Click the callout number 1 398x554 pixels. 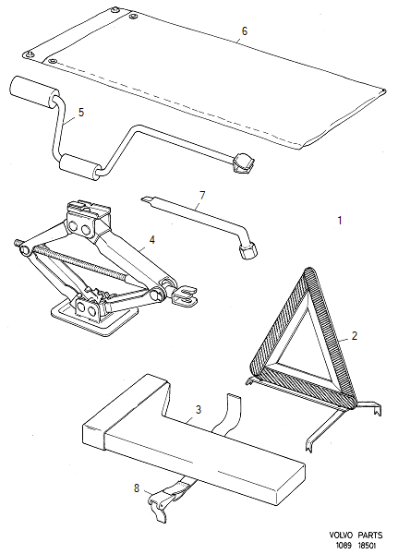[x=340, y=221]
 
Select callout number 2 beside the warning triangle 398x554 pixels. [x=352, y=337]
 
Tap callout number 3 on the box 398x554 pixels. [x=197, y=410]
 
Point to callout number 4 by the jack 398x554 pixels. [x=152, y=240]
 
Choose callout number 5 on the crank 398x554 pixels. [x=81, y=112]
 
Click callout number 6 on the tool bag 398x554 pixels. [x=245, y=31]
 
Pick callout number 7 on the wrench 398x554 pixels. [x=199, y=195]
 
